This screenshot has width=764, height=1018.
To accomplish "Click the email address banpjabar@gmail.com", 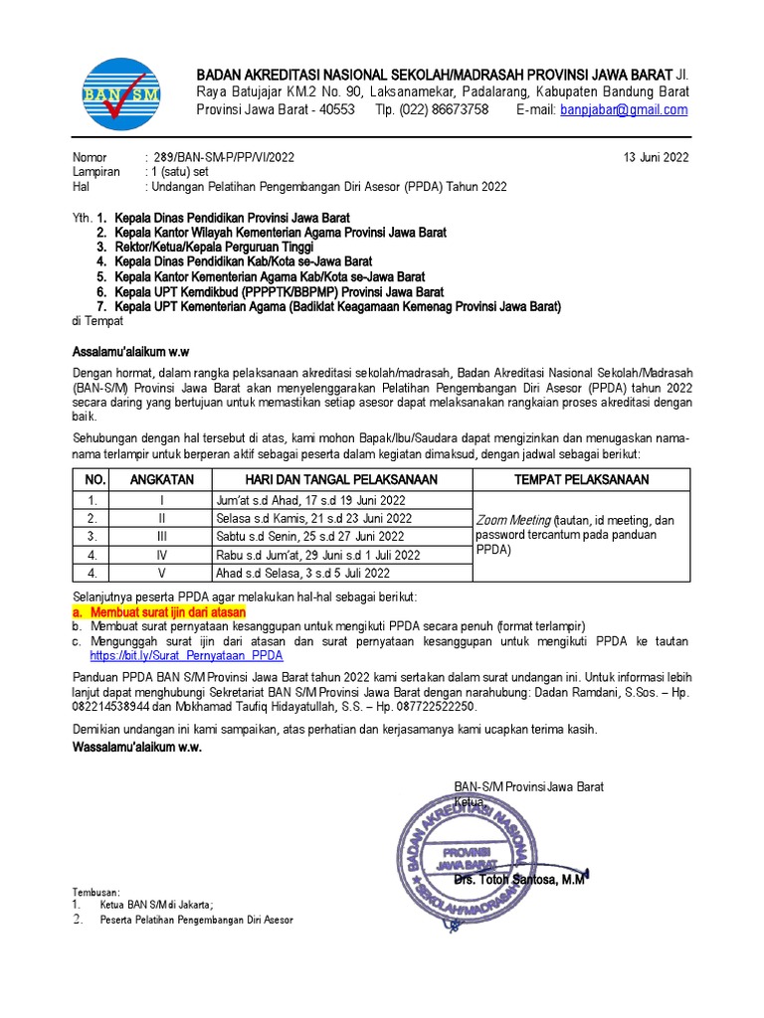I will click(x=623, y=110).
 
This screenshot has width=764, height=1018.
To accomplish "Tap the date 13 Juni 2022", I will click(x=656, y=158).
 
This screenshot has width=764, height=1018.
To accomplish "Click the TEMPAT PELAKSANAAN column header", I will click(x=581, y=479).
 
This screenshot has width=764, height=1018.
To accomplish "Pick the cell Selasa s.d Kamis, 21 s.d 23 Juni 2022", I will click(x=313, y=518).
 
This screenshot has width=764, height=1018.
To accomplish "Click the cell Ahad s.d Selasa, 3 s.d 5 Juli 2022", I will click(x=302, y=574).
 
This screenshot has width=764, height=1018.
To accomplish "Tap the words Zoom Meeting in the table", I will click(x=513, y=520).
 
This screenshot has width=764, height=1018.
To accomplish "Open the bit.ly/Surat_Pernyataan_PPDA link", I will click(x=186, y=656).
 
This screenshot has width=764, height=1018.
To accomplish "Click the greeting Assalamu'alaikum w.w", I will click(x=131, y=352).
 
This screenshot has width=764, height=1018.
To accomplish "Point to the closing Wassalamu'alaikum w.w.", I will click(x=137, y=748).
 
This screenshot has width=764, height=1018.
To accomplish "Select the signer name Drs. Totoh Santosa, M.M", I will click(x=520, y=880).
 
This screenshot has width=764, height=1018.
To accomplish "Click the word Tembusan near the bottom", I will click(x=95, y=892).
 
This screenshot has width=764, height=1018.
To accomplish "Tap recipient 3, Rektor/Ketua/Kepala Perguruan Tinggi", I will click(x=214, y=247).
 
